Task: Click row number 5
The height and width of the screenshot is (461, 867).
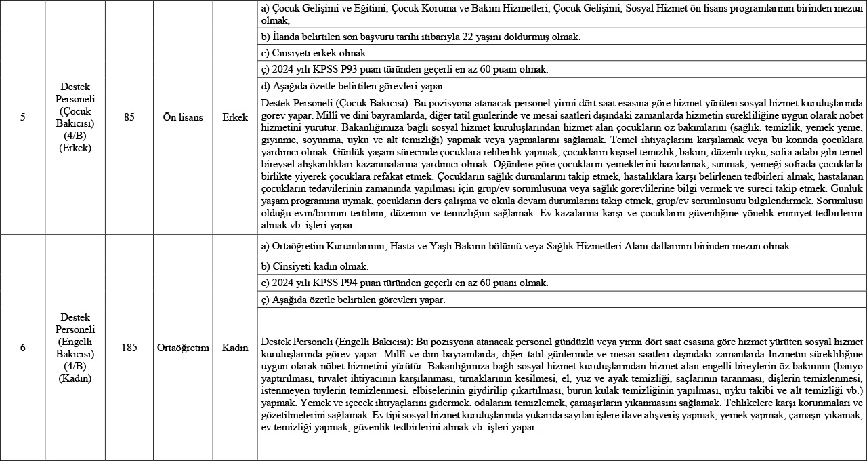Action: coord(22,117)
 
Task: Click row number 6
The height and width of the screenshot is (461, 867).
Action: coord(22,348)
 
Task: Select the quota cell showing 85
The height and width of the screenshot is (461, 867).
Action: coord(129,117)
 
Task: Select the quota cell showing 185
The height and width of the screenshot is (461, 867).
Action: coord(129,348)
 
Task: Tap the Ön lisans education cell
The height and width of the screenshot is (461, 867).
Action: coord(183,117)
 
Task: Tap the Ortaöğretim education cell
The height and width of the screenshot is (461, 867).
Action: coord(183,348)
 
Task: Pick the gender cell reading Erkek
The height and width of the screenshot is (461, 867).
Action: coord(234,117)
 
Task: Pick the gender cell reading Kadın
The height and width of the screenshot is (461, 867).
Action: coord(234,348)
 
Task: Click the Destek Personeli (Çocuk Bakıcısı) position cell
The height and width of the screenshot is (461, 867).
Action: coord(75,117)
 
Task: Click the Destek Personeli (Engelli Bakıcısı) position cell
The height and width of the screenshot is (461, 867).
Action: coord(75,348)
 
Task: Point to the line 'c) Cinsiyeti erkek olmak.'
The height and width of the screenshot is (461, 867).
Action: coord(314,53)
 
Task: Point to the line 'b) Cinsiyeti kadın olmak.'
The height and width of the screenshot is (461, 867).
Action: coord(314,266)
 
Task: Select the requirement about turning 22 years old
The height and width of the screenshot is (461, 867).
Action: coord(420,37)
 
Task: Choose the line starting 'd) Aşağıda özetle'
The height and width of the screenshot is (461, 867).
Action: coord(353,86)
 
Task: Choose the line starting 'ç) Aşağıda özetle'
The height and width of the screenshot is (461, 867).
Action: coord(352,299)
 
